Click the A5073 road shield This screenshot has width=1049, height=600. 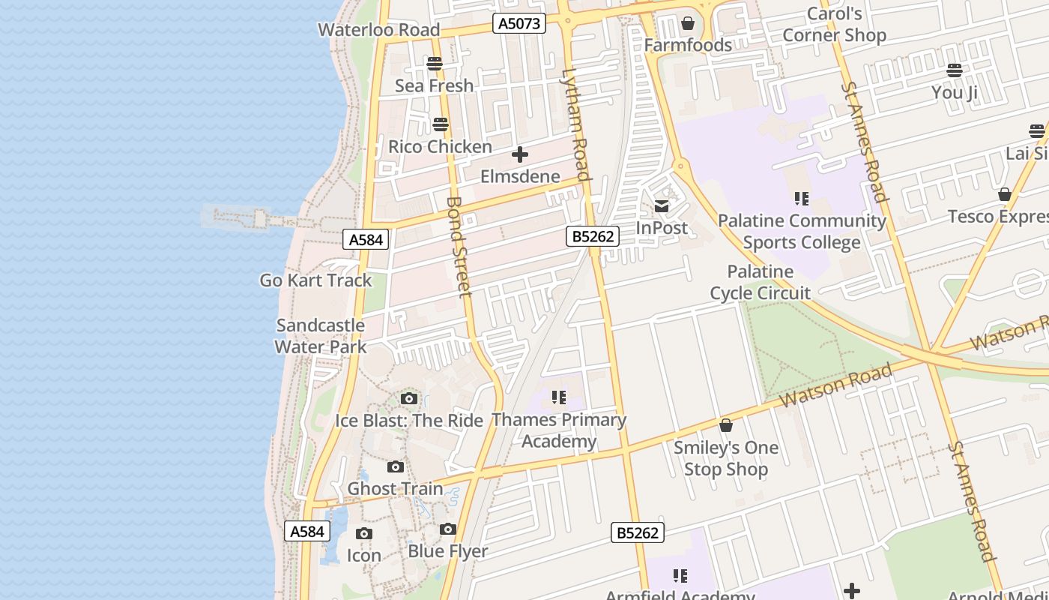coord(519,23)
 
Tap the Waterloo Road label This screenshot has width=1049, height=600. coord(378,30)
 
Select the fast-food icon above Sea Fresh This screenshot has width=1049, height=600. coord(435,64)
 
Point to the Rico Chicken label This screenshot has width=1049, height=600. coord(440,146)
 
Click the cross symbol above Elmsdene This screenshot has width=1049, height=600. coord(519,155)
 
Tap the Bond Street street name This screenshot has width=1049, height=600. coord(459,246)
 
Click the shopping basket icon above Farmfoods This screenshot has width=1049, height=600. coord(688,24)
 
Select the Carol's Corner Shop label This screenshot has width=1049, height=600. coord(834,25)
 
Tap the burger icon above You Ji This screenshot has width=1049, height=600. coord(955,70)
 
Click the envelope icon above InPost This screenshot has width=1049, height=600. coord(662,206)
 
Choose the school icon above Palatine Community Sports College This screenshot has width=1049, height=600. coord(802,199)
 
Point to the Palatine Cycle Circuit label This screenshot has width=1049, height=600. coord(760,282)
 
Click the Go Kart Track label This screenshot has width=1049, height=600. coord(315,280)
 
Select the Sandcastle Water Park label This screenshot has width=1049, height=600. coord(321,336)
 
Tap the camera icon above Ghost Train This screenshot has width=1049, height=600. coord(396,467)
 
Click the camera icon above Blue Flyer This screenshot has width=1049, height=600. coord(448,529)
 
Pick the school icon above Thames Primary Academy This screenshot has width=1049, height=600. coord(559,397)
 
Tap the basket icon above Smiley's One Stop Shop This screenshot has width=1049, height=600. coord(725,426)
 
